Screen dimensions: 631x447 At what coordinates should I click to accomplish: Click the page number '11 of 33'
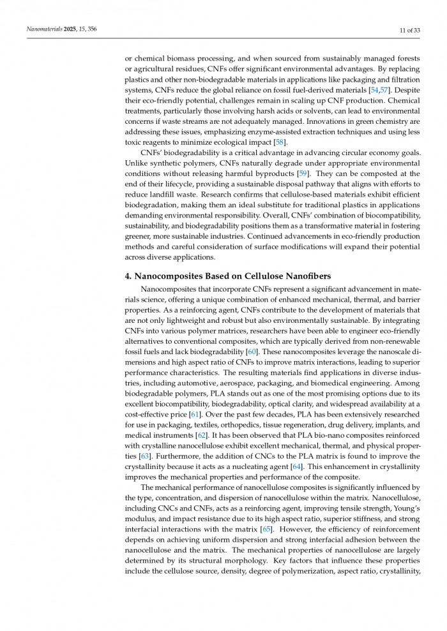[x=406, y=30]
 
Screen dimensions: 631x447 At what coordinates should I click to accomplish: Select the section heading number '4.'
[x=128, y=276]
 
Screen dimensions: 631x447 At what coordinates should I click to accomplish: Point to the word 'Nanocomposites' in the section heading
[x=170, y=276]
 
